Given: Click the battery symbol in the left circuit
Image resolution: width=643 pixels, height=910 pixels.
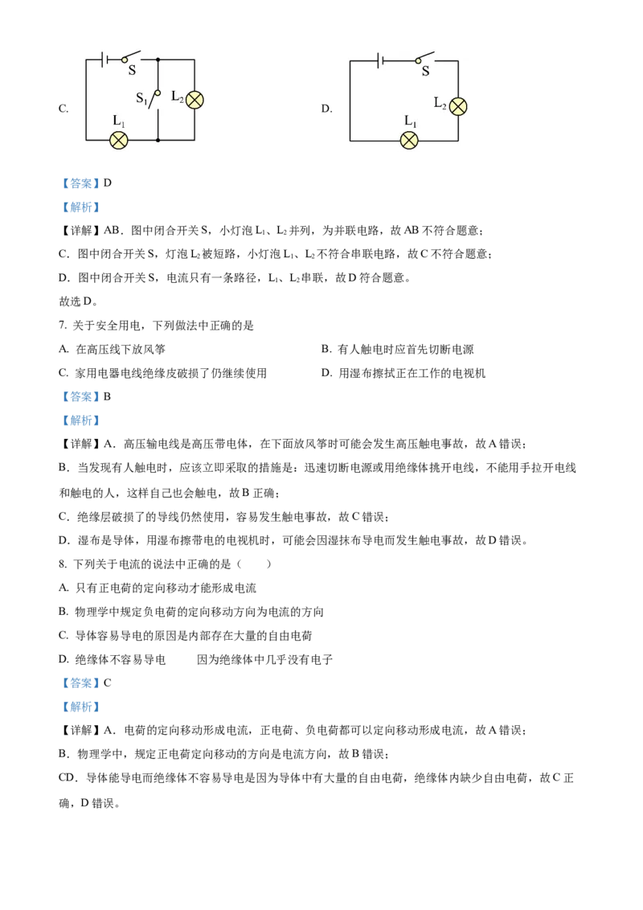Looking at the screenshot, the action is pos(105,59).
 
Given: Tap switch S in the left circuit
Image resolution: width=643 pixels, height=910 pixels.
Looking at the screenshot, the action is pos(131,57).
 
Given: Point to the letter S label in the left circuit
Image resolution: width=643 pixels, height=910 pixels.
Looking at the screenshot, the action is pos(133,71).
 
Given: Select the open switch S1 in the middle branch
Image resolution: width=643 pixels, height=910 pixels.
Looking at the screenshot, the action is pos(155,99).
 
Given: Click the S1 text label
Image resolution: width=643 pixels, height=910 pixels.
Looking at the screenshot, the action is pos(141,98).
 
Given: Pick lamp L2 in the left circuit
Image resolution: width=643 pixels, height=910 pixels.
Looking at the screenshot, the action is pos(195,100).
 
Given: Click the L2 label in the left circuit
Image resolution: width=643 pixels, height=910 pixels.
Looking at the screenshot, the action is pos(178,96).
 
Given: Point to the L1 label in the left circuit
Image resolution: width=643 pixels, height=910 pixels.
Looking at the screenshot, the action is pos(118,121).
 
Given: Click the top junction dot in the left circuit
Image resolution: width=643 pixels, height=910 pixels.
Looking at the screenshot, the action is pos(158,59).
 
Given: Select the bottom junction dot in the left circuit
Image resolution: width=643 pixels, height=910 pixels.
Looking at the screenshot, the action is pos(158,140).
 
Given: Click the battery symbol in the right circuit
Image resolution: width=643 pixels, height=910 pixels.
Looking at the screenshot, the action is pos(379,60).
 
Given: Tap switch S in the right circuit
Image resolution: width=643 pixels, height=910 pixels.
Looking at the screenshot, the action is pos(424,58).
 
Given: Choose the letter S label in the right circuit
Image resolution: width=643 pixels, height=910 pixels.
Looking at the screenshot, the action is pos(426,72).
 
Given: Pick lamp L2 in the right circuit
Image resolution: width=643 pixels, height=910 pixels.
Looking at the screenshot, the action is pos(457,106).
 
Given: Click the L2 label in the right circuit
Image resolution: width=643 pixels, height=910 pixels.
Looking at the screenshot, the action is pos(440,103).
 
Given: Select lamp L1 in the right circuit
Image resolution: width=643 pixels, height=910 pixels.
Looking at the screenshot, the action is pos(409,141).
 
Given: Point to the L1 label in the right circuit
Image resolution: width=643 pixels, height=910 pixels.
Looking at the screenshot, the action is pos(411,122).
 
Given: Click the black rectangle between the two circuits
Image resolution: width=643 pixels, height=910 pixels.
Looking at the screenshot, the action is pos(330,109).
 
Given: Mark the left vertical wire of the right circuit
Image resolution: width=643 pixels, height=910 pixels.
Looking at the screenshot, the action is pos(350,100).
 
